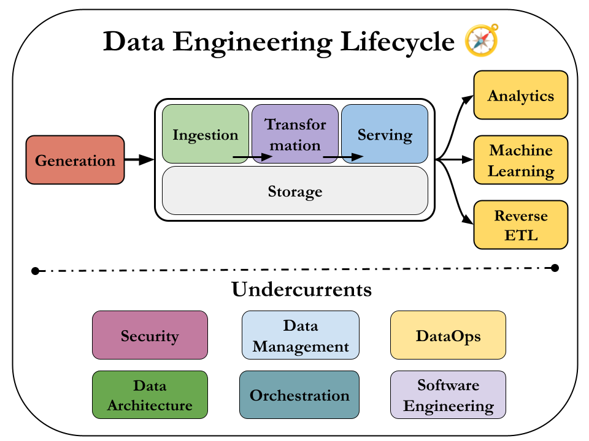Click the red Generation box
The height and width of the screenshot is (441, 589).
75,160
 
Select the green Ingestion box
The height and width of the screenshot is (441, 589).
205,134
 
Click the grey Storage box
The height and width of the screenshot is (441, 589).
294,191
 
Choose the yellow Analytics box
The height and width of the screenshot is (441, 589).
521,96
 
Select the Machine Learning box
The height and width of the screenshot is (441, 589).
521,160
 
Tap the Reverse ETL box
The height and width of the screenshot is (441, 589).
521,225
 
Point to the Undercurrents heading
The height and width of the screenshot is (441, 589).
301,289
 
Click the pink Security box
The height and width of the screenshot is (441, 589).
150,335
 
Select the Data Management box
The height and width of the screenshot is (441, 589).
300,335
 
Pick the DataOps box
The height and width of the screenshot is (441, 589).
448,335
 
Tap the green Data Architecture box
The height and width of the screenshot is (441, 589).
150,395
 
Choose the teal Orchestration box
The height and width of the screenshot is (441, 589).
299,395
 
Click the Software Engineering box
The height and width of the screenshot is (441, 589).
448,395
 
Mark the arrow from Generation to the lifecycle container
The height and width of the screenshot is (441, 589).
139,160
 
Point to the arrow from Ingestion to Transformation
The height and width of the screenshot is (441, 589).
252,157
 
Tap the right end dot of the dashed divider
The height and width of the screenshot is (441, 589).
555,267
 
